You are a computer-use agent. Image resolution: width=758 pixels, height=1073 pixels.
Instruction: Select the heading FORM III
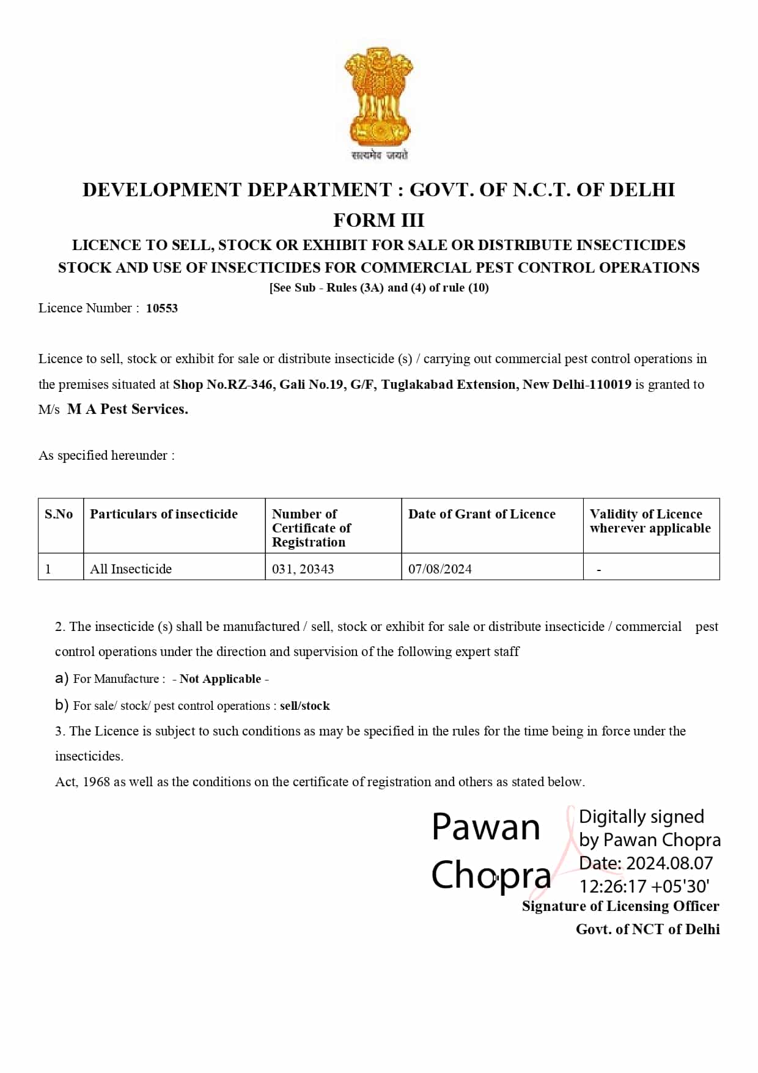coord(378,220)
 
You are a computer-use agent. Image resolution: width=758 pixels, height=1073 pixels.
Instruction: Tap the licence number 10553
coord(161,308)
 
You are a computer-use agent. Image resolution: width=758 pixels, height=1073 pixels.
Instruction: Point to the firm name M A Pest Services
coord(127,409)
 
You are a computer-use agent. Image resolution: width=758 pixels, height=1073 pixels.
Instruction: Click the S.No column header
coord(59,514)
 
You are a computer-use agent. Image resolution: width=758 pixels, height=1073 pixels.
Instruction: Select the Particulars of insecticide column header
coord(164,514)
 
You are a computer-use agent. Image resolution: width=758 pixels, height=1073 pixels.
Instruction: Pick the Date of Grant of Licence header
coord(482,514)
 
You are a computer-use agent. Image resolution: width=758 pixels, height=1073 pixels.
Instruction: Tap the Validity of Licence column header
coord(650,521)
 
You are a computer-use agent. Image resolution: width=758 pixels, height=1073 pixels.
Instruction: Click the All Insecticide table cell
coord(131,569)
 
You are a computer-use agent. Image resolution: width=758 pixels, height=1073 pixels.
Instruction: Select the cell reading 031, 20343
coord(303,569)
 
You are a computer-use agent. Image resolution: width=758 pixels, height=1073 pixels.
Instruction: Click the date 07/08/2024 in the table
coord(440,569)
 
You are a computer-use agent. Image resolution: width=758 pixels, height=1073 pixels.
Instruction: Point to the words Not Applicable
coord(220,679)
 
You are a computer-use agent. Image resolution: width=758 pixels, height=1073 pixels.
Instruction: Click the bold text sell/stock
coord(305,706)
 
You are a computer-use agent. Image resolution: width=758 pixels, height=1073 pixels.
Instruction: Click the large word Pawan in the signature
coord(486,827)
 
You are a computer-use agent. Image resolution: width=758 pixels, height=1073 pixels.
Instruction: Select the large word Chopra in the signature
coord(491,875)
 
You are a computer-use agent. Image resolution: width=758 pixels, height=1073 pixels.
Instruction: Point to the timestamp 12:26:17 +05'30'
coord(644,886)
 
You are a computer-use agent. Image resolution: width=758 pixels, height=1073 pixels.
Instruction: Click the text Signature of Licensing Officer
coord(620,906)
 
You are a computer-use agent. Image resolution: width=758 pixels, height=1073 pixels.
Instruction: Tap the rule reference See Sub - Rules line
coord(379,287)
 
